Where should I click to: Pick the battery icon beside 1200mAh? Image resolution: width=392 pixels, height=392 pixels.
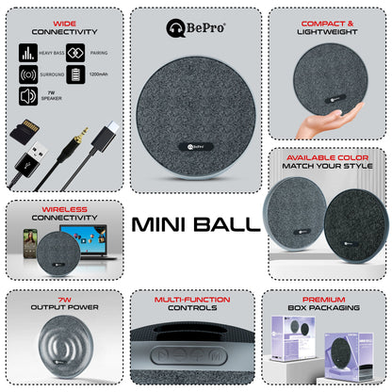74,73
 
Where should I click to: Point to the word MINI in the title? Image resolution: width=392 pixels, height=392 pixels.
163,224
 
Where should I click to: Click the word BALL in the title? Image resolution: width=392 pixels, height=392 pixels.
230,224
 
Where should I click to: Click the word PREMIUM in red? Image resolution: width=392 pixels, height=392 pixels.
326,299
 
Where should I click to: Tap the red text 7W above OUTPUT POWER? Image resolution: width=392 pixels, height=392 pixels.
64,299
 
